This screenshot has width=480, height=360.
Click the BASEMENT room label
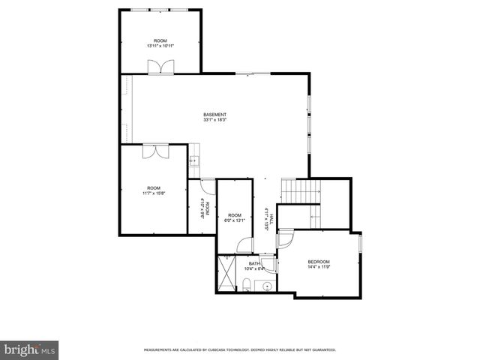coord(214,114)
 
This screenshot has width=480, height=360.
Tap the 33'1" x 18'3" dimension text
coord(214,120)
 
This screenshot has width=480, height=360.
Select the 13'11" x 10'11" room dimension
coord(160,46)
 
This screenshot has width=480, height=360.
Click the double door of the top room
coord(160,67)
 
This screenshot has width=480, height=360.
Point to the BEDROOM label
coord(319,261)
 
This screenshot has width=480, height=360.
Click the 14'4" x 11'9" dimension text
coord(319,266)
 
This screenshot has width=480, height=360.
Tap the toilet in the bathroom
coord(247,284)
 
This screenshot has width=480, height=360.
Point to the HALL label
coord(271,217)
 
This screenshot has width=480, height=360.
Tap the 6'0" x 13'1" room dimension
coord(235,220)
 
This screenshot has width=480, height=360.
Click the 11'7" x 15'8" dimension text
coord(154,193)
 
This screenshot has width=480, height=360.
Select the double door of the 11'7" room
coord(155,151)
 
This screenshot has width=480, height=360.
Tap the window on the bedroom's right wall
coord(360,244)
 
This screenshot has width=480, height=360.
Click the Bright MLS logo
coord(30,349)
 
